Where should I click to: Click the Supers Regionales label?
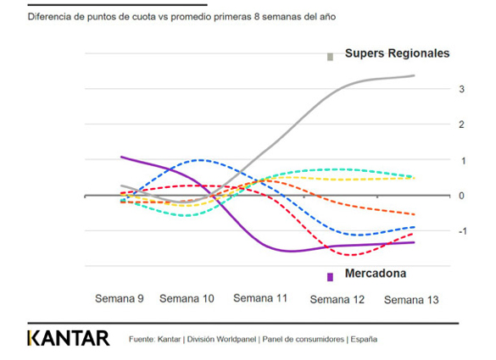tap(397, 53)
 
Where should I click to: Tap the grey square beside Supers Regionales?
tap(331, 57)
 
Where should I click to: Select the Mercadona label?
tap(375, 274)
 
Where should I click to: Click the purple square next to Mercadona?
tap(331, 276)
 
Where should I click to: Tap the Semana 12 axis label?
tap(338, 299)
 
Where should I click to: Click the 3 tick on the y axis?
tap(437, 89)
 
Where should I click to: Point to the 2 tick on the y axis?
tap(437, 125)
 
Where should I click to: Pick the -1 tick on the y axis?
tap(436, 231)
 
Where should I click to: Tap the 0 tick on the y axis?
tap(437, 196)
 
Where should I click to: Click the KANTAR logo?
tap(69, 339)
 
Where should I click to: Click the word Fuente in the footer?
tap(142, 340)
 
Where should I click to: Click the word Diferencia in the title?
tap(51, 16)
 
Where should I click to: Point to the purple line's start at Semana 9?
tap(121, 157)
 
